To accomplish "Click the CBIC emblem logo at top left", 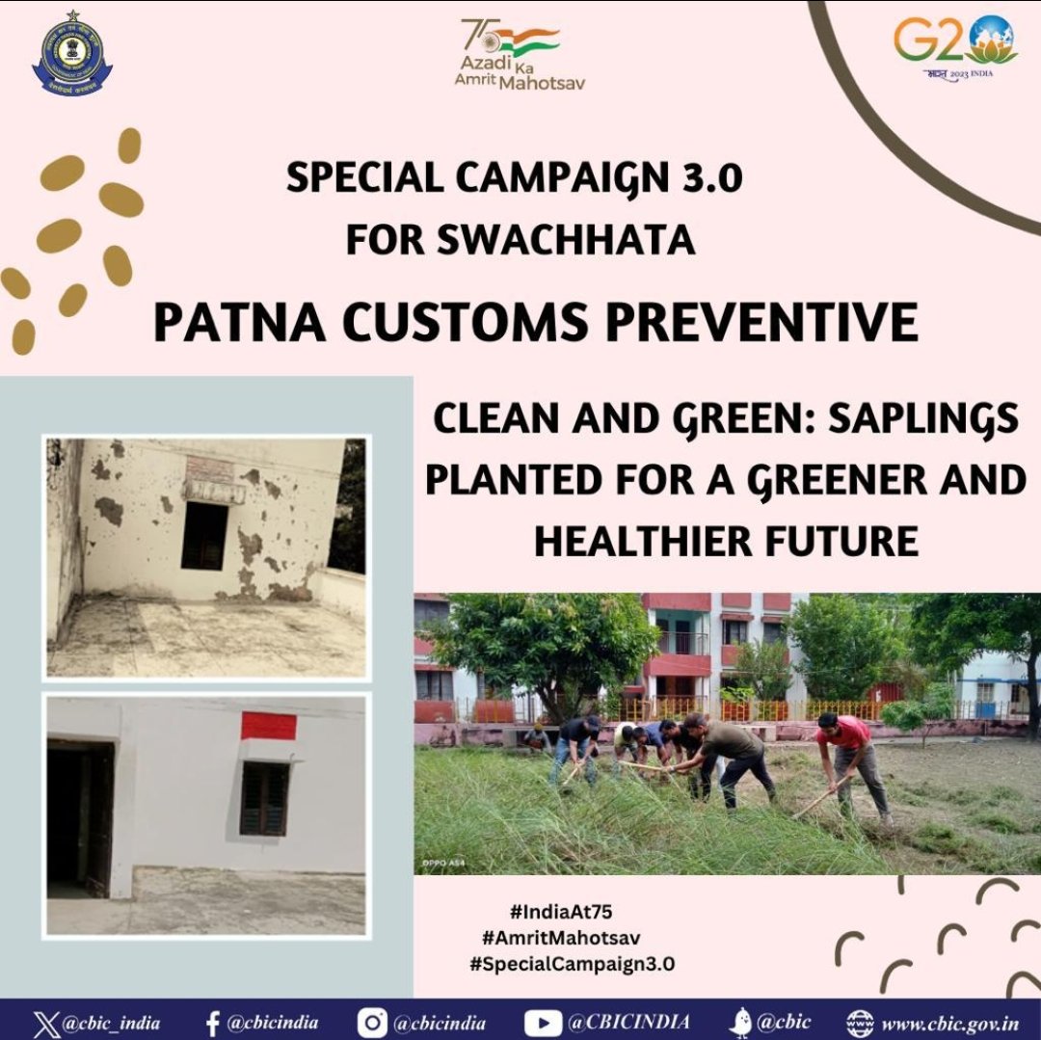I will click(71, 53).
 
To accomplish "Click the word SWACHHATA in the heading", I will click(566, 240).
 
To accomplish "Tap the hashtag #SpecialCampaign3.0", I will click(573, 964).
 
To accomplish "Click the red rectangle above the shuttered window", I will click(268, 726).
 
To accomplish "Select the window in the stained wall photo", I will click(204, 535).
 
